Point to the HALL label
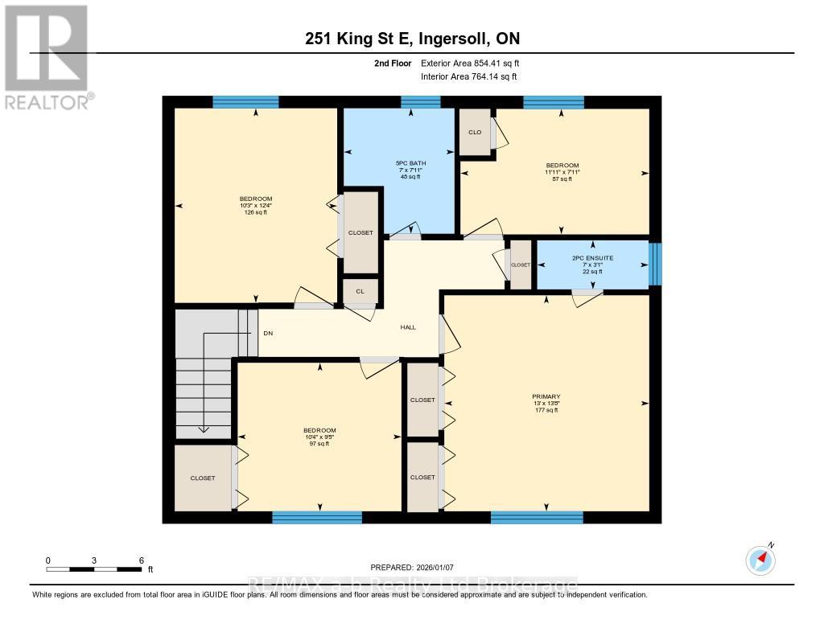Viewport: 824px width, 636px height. [x=408, y=327]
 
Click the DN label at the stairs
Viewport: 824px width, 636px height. [x=268, y=333]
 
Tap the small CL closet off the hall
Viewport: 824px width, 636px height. [x=360, y=291]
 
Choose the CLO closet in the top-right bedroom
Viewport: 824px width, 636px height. [x=475, y=132]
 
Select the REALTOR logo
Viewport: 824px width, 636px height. [x=47, y=56]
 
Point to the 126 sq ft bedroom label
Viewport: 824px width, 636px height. [x=255, y=206]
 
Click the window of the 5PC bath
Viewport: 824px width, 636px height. [x=421, y=101]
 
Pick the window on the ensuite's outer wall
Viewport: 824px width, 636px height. [x=655, y=264]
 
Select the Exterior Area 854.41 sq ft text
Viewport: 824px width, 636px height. [x=476, y=63]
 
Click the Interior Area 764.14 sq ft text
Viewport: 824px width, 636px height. [x=469, y=76]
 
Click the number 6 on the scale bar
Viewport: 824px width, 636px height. [x=142, y=560]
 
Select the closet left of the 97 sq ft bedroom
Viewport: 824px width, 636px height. [x=203, y=478]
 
